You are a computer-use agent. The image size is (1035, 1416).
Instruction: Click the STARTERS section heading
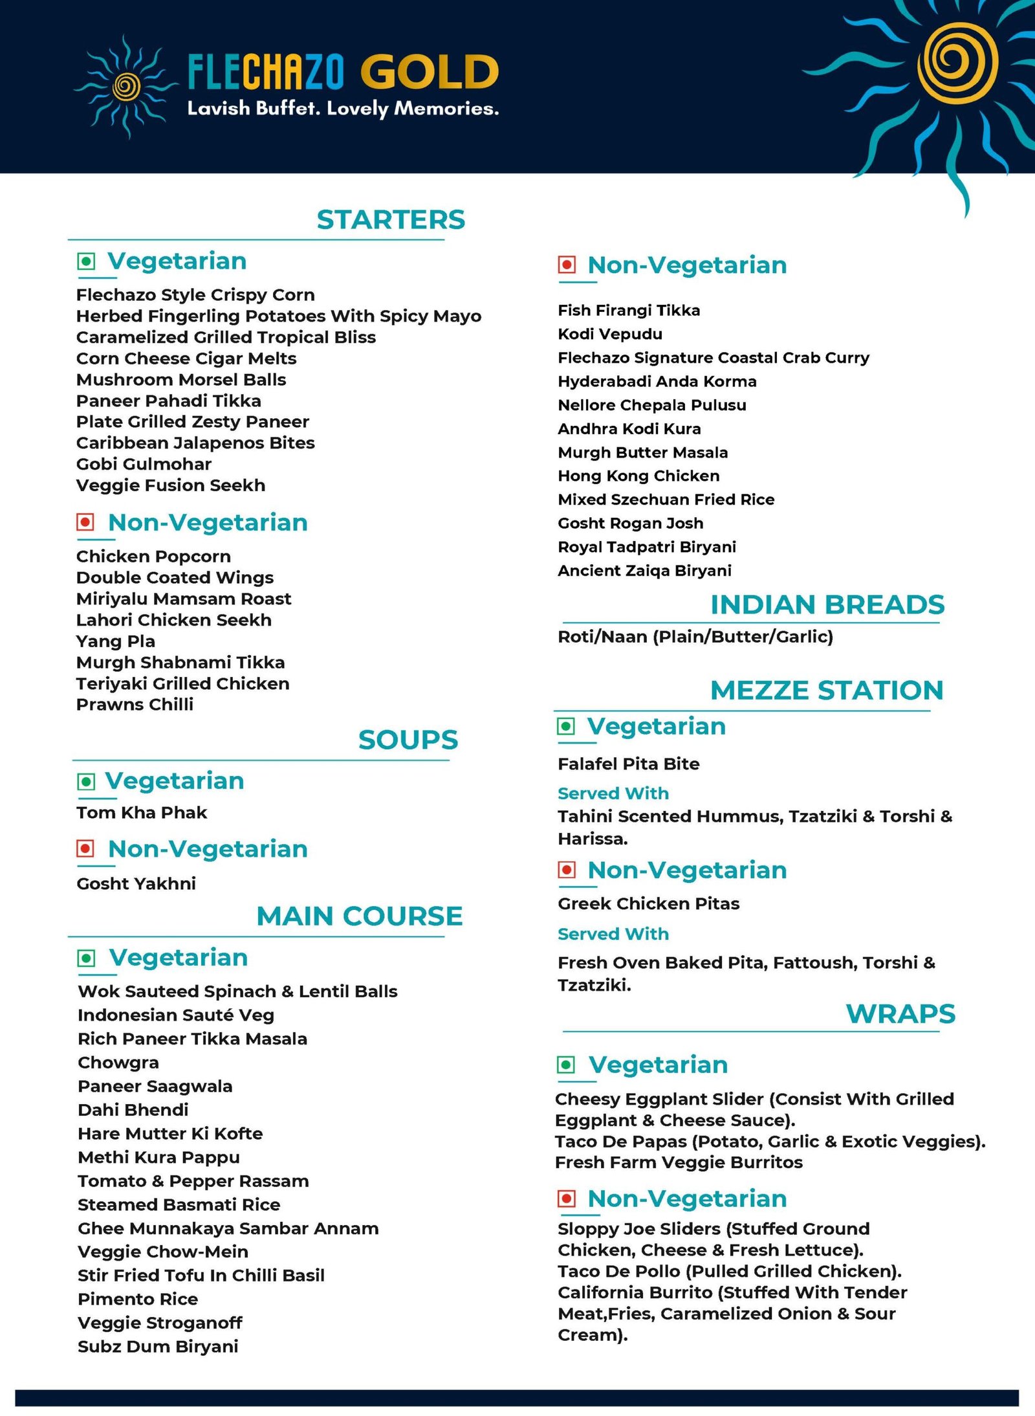[391, 220]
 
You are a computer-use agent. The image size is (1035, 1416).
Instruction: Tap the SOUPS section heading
[408, 740]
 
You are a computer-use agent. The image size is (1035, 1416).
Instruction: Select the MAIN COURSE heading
[360, 916]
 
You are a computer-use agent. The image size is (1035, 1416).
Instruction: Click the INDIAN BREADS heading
[827, 605]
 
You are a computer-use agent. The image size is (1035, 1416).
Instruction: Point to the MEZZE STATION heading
[827, 691]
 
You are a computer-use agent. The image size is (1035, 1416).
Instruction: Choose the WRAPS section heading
[900, 1014]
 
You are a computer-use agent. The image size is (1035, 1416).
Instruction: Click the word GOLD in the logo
[430, 72]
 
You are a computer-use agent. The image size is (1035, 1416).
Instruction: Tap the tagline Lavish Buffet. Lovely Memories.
[343, 109]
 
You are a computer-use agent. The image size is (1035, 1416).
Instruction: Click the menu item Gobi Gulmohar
[144, 464]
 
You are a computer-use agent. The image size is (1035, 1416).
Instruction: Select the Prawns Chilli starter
[135, 704]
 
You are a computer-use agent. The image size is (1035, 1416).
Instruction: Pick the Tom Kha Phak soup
[142, 812]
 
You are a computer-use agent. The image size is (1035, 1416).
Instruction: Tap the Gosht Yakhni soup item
[136, 883]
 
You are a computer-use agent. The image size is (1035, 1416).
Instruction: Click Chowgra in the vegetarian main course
[118, 1063]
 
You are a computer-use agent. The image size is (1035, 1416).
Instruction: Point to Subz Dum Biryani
[158, 1347]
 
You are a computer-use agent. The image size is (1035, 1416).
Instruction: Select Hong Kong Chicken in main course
[638, 476]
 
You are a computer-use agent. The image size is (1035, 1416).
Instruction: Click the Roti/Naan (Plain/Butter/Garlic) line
[695, 637]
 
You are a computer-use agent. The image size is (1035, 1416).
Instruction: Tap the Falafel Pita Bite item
[628, 764]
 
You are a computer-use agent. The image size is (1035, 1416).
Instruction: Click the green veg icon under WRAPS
[566, 1065]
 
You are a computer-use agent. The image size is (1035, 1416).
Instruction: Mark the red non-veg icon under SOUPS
[85, 848]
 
